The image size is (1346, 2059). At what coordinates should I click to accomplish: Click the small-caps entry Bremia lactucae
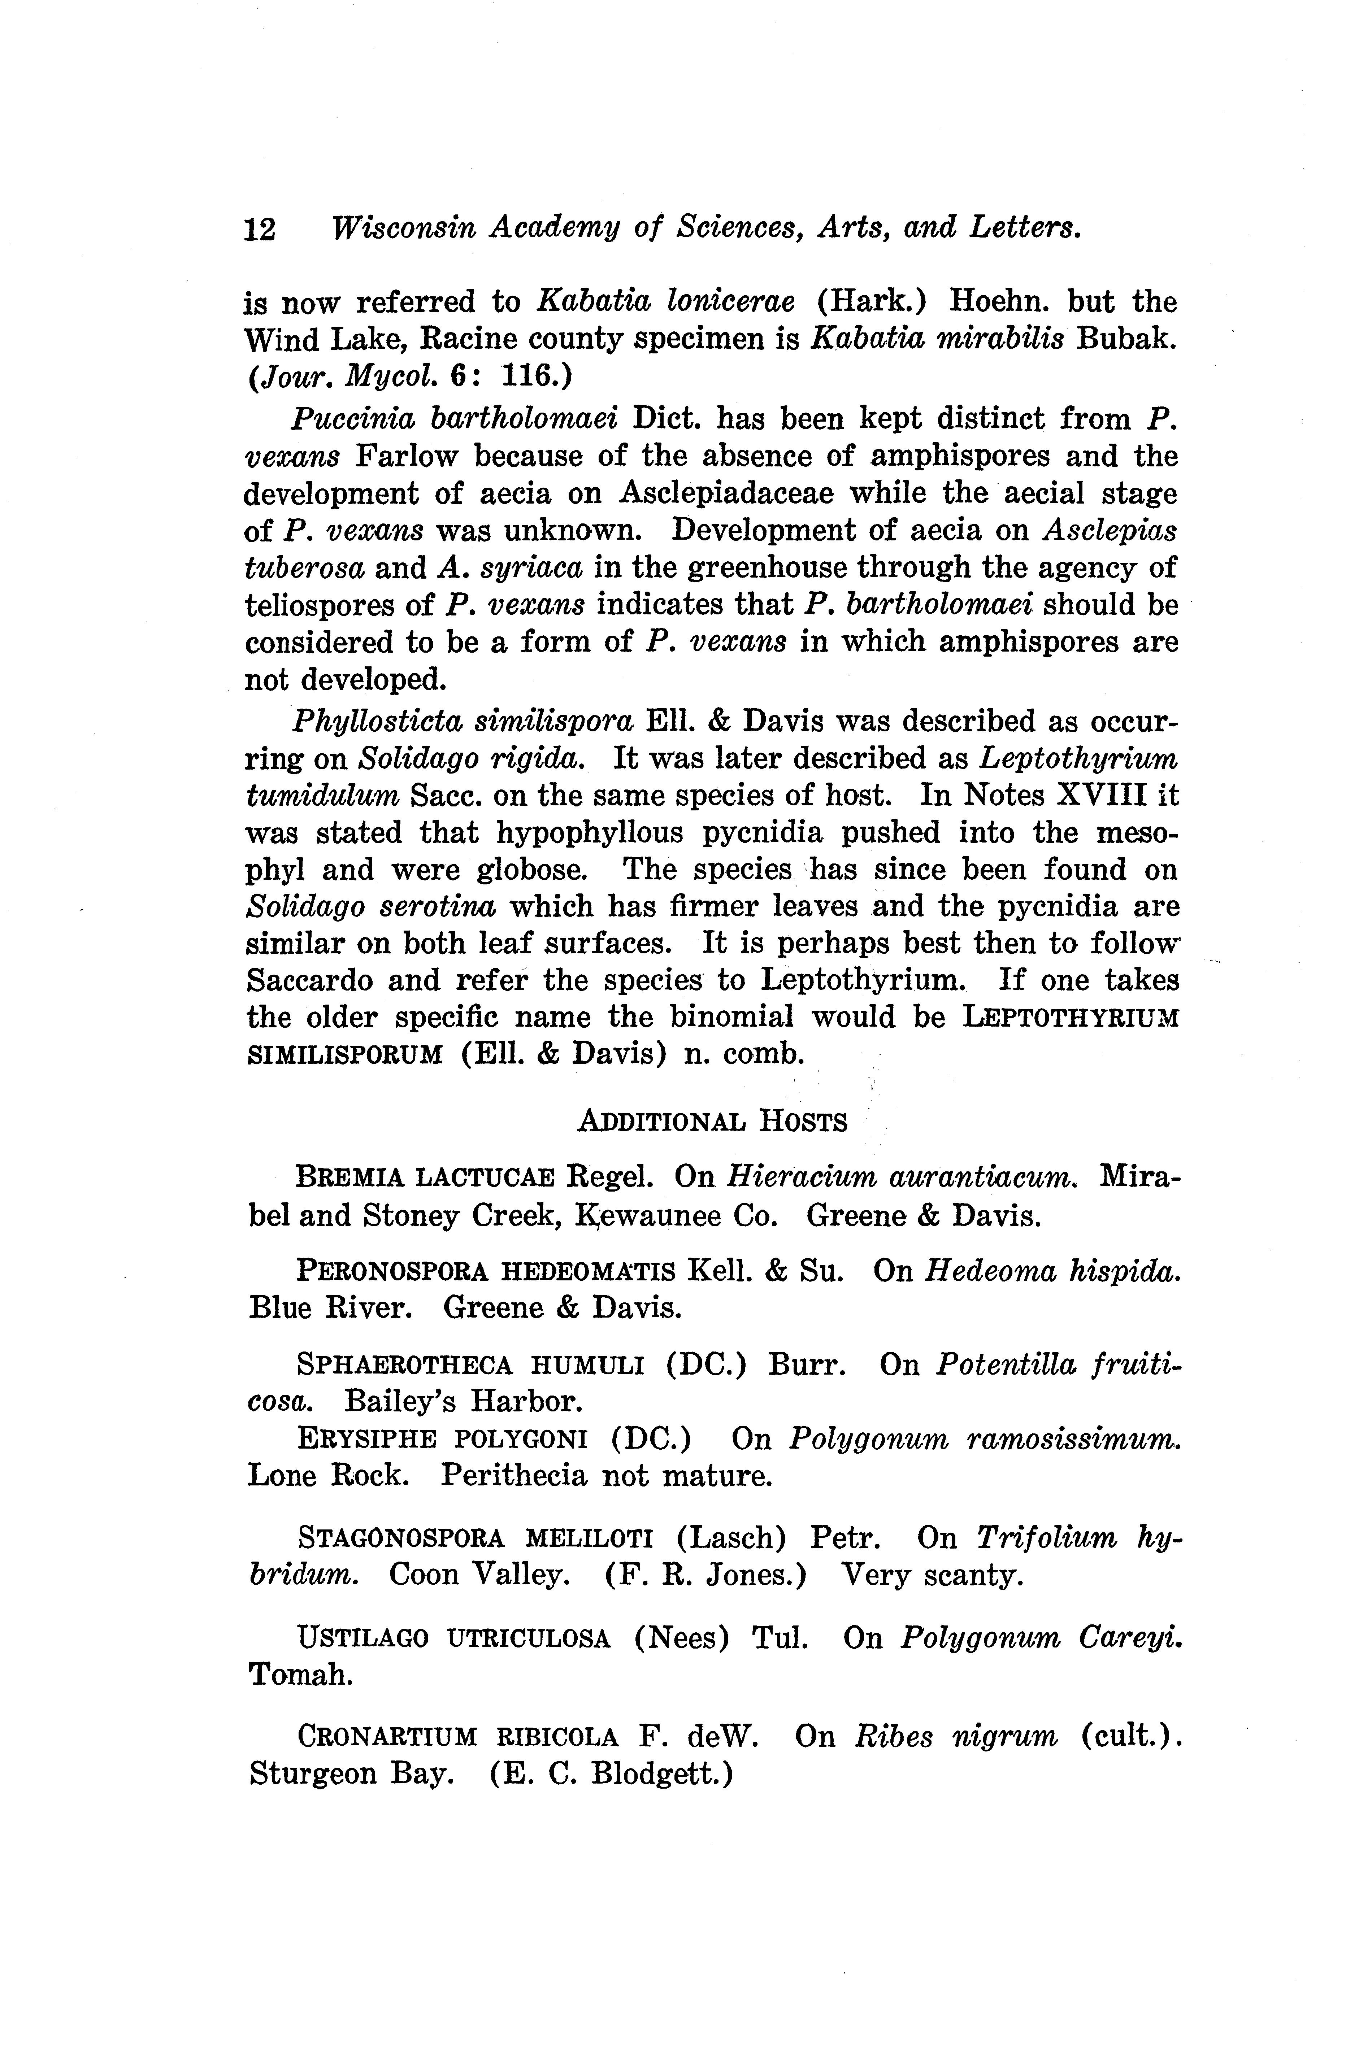pyautogui.click(x=425, y=1177)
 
